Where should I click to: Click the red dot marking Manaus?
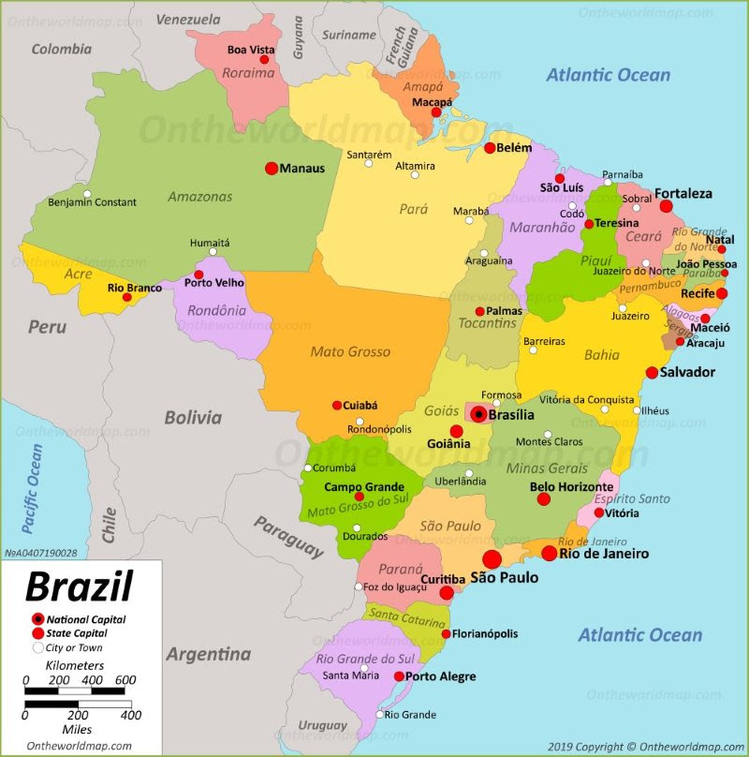click(x=272, y=169)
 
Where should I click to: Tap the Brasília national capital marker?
click(x=478, y=414)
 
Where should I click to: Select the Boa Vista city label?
click(x=251, y=50)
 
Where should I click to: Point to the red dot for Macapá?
click(x=436, y=112)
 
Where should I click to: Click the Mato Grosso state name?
click(x=350, y=352)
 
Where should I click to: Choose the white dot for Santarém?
click(x=369, y=164)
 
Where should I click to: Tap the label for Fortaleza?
click(x=683, y=194)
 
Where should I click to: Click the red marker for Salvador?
click(x=652, y=373)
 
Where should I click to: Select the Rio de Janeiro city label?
click(x=604, y=554)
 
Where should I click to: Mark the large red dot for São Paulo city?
click(x=492, y=560)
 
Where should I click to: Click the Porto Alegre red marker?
click(x=399, y=676)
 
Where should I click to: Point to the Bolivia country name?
click(x=193, y=418)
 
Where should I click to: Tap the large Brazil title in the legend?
click(x=79, y=587)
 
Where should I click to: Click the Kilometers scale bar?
click(x=74, y=691)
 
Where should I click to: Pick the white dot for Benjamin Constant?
click(x=87, y=195)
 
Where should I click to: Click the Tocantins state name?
click(x=487, y=323)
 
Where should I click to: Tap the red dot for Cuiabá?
click(x=337, y=406)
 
